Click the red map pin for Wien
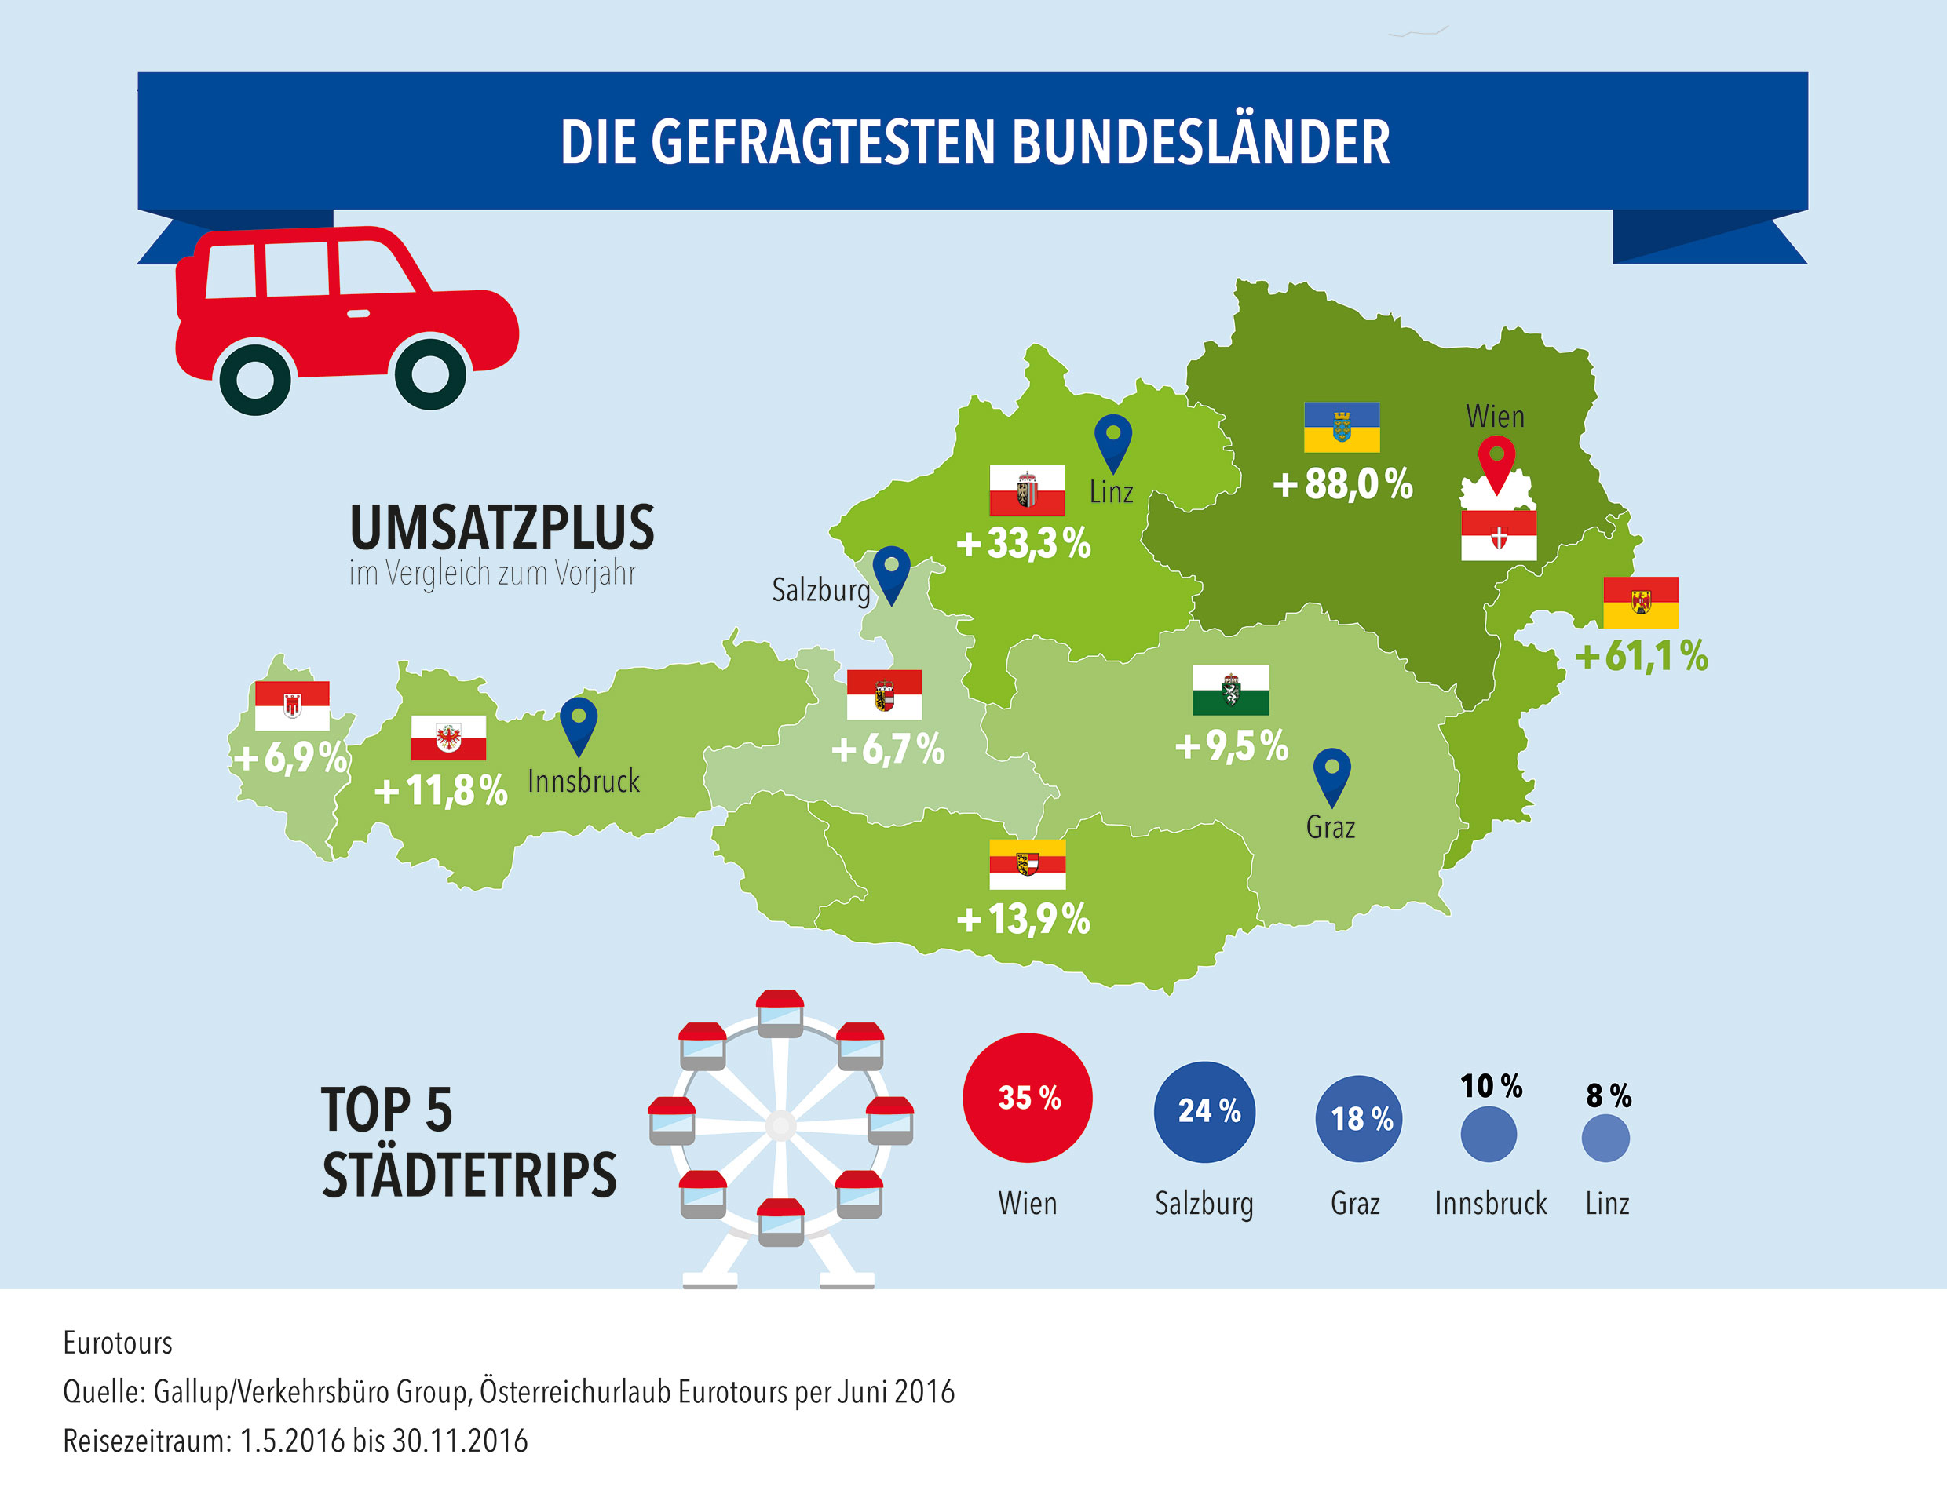tap(1496, 461)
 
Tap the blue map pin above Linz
tap(1113, 440)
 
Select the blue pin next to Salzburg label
tap(891, 572)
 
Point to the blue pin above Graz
tap(1331, 774)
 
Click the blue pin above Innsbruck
tap(578, 723)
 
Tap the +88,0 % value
tap(1342, 484)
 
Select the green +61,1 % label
tap(1641, 656)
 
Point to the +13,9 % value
tap(1024, 919)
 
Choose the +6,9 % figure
tap(290, 758)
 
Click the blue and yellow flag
tap(1342, 427)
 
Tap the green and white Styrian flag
tap(1231, 690)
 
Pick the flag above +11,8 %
tap(448, 738)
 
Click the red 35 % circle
tap(1027, 1098)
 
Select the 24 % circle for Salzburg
tap(1204, 1112)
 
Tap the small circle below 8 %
tap(1605, 1139)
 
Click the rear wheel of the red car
tap(255, 379)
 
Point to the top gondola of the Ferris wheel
tap(779, 1011)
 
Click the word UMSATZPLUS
tap(502, 527)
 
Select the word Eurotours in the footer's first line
tap(118, 1343)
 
